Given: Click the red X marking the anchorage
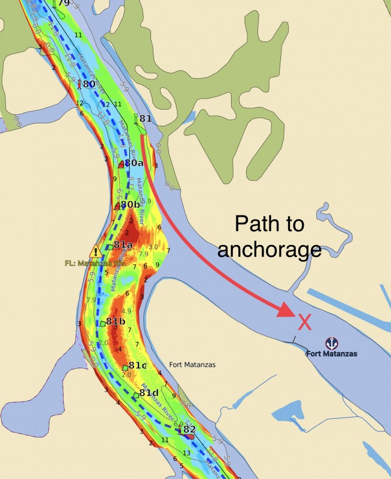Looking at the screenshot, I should click(305, 323).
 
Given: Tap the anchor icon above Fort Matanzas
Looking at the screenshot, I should click(331, 343).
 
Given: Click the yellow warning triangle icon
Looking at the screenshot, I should click(95, 251).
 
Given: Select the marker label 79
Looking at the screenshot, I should click(63, 4).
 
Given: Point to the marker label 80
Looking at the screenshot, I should click(88, 84).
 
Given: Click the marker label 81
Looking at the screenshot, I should click(145, 119).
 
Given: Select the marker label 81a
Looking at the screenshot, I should click(123, 245).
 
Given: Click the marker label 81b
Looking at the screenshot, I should click(115, 321).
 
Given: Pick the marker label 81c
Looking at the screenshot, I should click(137, 365).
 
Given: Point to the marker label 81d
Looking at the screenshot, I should click(149, 394).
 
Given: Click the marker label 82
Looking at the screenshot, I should click(189, 429).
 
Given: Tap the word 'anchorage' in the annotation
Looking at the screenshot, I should click(269, 249).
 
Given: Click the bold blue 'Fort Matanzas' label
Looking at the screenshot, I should click(331, 354).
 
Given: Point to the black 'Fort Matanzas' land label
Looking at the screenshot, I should click(192, 365).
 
